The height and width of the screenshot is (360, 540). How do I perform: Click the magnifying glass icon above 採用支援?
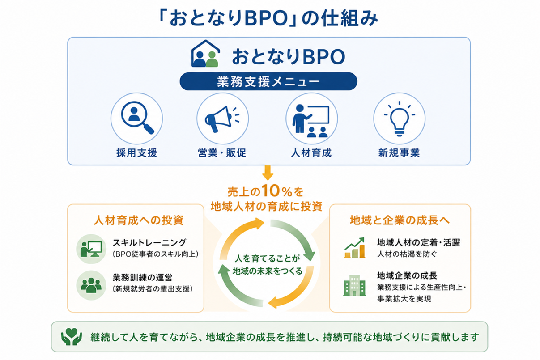(137, 118)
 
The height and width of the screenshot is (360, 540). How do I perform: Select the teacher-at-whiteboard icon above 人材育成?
(311, 121)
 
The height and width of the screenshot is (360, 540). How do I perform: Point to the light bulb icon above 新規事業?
(399, 119)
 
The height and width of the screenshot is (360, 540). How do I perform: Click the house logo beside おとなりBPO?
(205, 54)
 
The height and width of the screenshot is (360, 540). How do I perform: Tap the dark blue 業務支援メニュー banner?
(268, 81)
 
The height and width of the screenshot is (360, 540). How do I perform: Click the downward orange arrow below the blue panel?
(268, 173)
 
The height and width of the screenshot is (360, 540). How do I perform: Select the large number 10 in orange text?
(271, 191)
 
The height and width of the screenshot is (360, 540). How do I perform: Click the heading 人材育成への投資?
(139, 220)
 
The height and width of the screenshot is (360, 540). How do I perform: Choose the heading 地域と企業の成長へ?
(400, 220)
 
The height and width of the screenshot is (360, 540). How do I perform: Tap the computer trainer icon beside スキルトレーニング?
(91, 249)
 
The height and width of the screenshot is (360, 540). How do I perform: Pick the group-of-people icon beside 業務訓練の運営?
(91, 285)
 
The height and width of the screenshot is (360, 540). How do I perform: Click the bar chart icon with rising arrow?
(354, 248)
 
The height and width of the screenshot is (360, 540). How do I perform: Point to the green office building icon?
(354, 285)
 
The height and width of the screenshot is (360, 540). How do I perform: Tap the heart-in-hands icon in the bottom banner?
(71, 337)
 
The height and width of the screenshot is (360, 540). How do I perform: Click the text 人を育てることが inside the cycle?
(268, 258)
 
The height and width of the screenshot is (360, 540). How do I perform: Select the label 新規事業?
(399, 153)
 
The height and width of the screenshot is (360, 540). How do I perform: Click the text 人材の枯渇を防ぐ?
(407, 254)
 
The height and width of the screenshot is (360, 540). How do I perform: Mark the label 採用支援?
(137, 153)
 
